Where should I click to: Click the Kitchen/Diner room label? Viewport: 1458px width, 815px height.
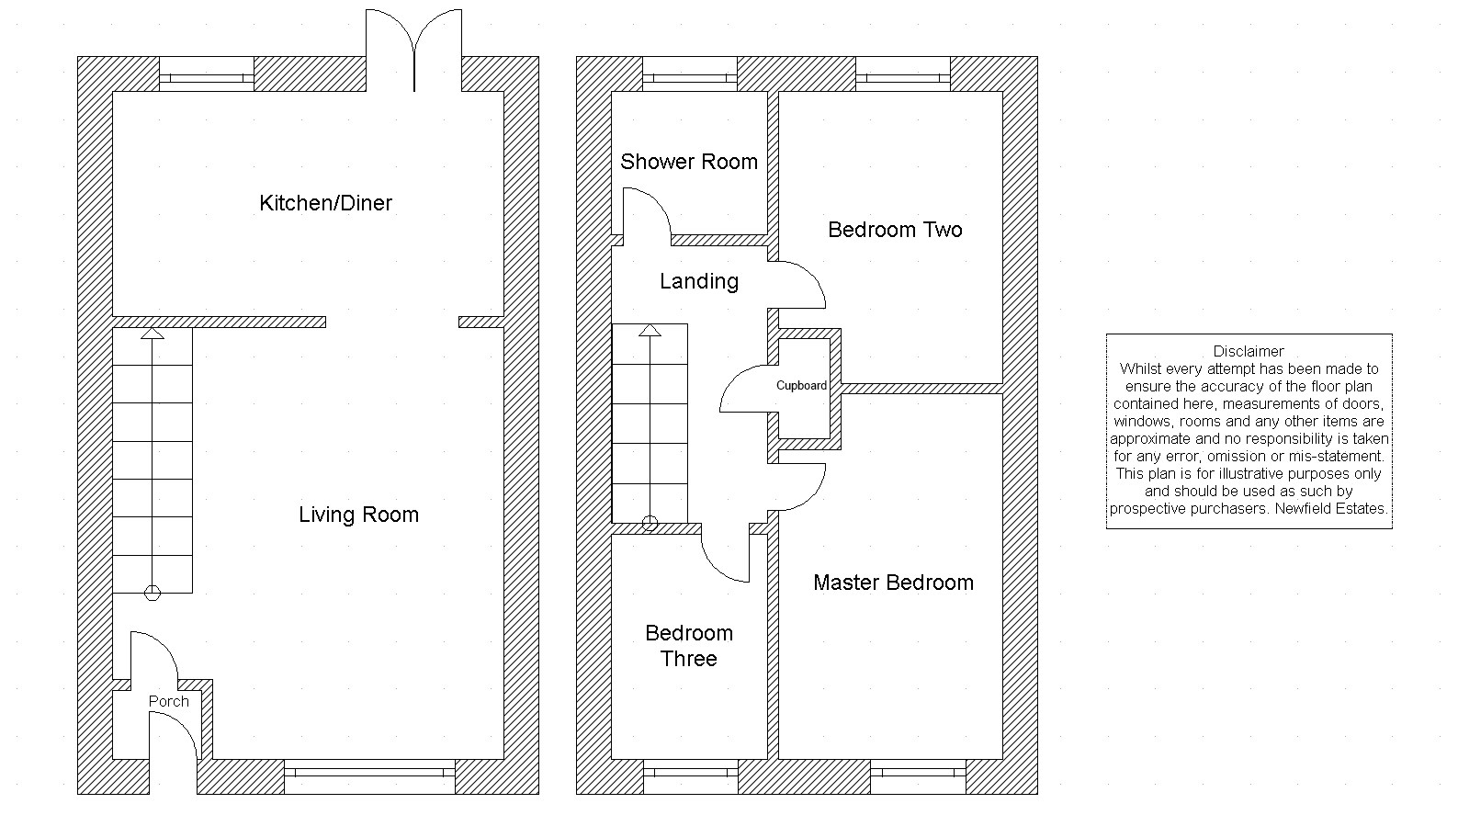click(x=325, y=203)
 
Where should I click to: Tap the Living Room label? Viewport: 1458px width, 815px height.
click(x=358, y=515)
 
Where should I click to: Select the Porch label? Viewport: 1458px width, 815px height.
click(x=168, y=701)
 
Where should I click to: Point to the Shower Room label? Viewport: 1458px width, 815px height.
click(x=689, y=162)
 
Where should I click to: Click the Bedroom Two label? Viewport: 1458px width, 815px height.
click(x=895, y=230)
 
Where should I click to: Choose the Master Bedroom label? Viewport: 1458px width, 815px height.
click(x=894, y=583)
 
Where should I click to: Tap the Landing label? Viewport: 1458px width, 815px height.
click(x=699, y=281)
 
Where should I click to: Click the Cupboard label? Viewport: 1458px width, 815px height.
click(x=801, y=385)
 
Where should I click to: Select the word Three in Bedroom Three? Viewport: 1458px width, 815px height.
click(x=689, y=659)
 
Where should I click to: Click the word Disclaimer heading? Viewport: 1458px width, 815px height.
click(x=1249, y=352)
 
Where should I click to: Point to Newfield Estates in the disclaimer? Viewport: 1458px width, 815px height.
click(x=1330, y=508)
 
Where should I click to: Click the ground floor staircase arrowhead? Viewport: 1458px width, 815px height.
click(x=153, y=334)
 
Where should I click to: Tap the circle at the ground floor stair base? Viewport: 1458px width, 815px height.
click(x=153, y=593)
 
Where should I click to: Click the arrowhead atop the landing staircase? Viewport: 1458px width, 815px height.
click(x=650, y=330)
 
